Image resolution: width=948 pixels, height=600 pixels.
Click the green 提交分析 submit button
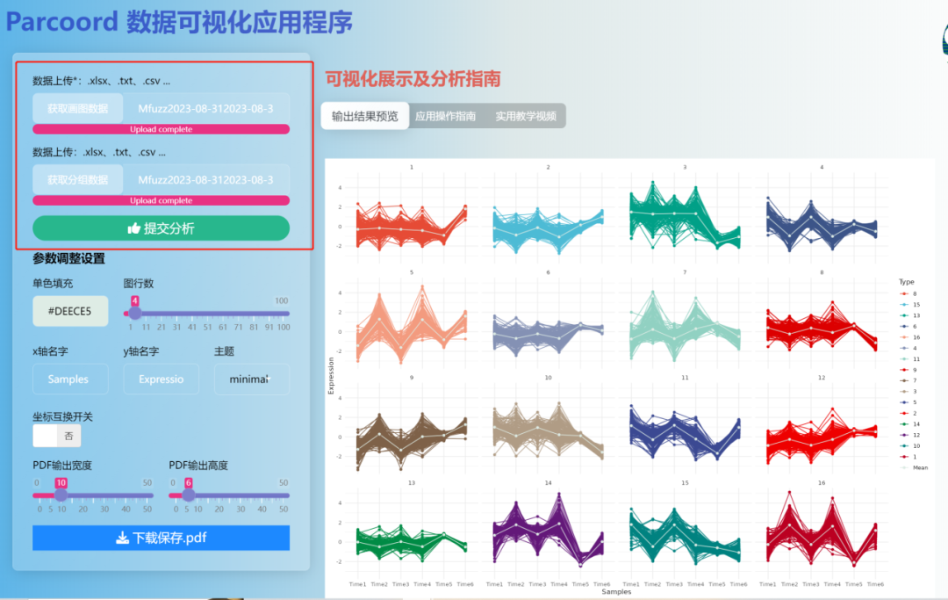click(161, 228)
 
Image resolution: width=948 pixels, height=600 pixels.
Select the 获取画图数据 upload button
click(78, 108)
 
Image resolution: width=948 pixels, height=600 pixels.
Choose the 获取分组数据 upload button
click(78, 179)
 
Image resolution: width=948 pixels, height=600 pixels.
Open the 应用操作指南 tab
click(446, 116)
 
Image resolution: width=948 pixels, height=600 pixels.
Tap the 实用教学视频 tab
click(526, 116)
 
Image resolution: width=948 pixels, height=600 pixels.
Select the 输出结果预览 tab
click(364, 116)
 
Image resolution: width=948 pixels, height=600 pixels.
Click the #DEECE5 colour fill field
click(70, 311)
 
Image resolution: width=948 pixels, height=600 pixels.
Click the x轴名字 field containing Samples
click(70, 379)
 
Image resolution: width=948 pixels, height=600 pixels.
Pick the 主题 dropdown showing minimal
click(251, 379)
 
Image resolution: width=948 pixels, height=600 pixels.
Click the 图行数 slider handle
click(135, 314)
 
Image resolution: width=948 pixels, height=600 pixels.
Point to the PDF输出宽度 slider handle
click(61, 495)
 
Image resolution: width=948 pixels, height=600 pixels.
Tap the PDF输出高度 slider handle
click(188, 495)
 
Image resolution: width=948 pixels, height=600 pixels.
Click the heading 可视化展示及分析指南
click(413, 79)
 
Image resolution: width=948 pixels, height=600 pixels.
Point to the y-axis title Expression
click(331, 375)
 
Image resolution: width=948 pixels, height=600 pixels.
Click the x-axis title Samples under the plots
click(616, 592)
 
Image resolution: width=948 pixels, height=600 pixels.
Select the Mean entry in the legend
click(919, 467)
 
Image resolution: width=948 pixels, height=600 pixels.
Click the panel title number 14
click(548, 483)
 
